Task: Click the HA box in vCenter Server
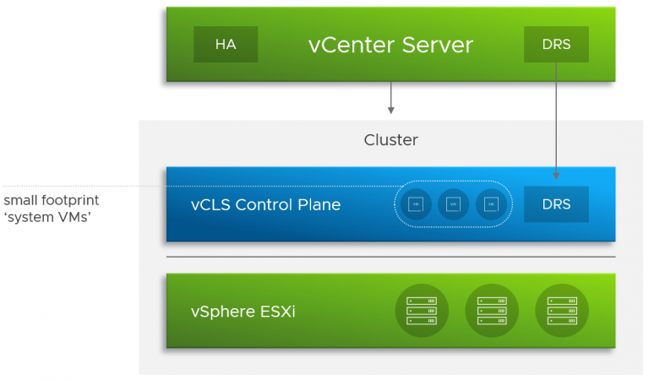click(x=226, y=45)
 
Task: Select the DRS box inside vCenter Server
click(x=556, y=45)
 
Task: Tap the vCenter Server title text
click(x=390, y=45)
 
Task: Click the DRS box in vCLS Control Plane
click(x=556, y=204)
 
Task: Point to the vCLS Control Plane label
click(x=266, y=204)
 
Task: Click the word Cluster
click(x=390, y=139)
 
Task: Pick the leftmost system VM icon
click(x=415, y=204)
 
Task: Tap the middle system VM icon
click(x=453, y=204)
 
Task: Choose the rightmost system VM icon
click(x=491, y=204)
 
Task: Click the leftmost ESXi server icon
click(x=421, y=311)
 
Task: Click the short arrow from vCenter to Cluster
click(x=390, y=97)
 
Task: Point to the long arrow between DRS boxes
click(x=556, y=118)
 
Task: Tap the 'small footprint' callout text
click(x=51, y=200)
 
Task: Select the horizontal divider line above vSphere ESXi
click(x=390, y=257)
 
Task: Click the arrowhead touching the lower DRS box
click(x=556, y=175)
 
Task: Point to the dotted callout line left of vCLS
click(x=85, y=186)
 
